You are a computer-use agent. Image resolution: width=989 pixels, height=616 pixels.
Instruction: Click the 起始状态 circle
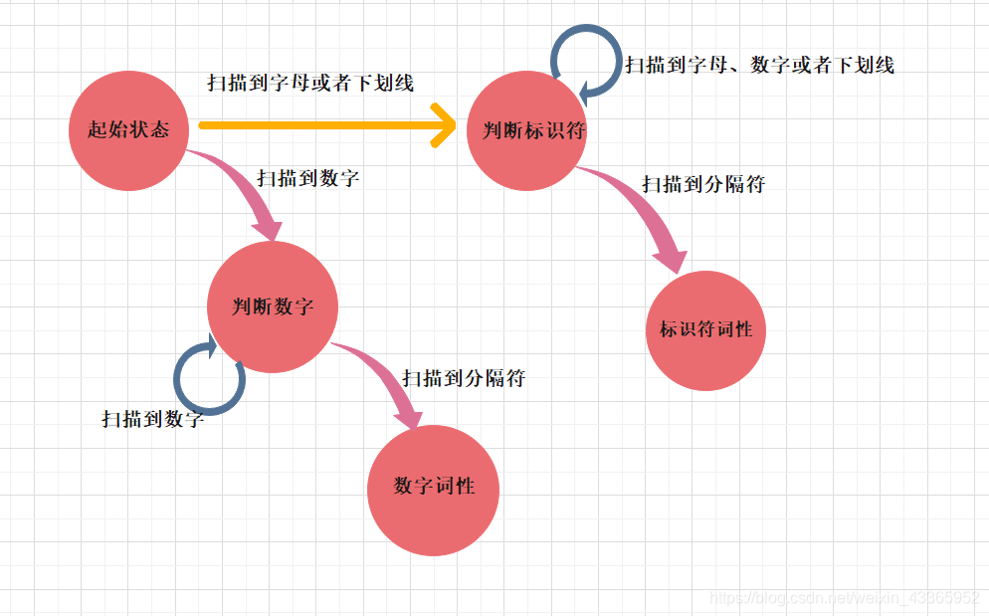(128, 129)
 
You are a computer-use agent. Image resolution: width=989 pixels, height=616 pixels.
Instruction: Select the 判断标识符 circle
(526, 130)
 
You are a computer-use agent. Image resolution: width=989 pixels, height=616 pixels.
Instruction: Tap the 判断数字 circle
(273, 307)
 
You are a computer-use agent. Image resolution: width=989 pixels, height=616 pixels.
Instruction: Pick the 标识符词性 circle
(706, 330)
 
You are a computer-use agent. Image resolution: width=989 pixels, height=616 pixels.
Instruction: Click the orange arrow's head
(445, 126)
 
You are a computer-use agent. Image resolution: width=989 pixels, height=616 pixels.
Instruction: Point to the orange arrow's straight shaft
(318, 125)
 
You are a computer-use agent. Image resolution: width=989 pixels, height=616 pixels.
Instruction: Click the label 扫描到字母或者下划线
(309, 84)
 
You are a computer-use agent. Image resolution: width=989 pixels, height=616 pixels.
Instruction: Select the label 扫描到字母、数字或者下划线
(759, 66)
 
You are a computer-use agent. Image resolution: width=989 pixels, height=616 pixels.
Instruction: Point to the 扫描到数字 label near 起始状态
(307, 179)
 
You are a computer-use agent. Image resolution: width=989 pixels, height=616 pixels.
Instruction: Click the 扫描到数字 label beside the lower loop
(152, 419)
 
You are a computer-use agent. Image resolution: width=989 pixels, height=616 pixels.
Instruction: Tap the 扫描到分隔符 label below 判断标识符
(702, 184)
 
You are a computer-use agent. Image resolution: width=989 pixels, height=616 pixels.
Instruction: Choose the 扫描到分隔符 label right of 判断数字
(464, 378)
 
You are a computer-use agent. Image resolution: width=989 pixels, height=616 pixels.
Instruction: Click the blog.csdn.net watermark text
(847, 598)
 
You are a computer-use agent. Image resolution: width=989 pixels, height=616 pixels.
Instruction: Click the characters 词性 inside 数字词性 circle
(454, 487)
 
